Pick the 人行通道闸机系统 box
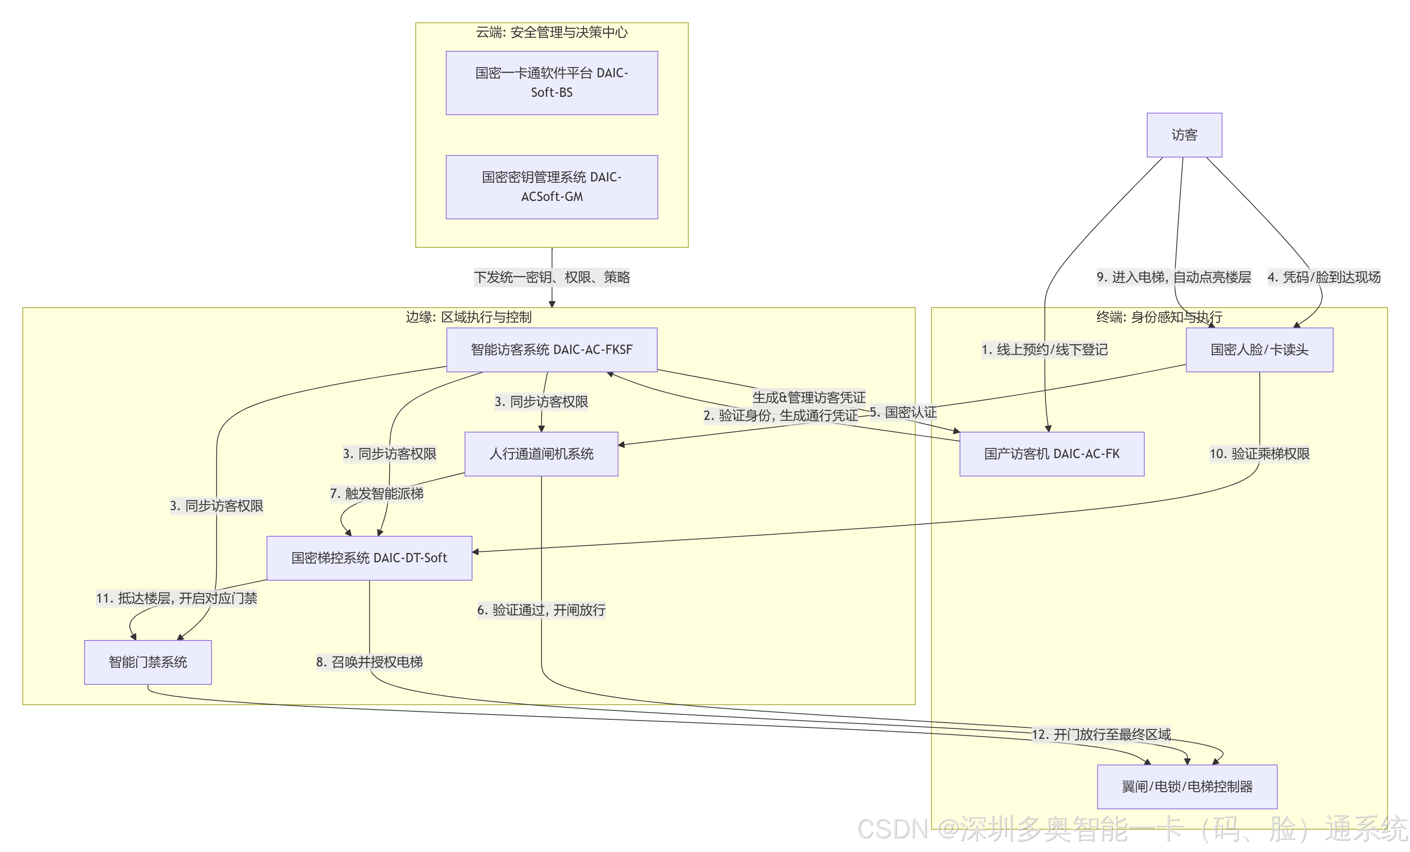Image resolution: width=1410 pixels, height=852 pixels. [x=541, y=454]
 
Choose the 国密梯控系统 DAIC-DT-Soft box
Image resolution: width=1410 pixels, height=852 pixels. [x=369, y=558]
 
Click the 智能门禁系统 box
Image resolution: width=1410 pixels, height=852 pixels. [x=148, y=662]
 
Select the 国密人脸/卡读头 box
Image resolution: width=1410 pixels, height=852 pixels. [x=1259, y=350]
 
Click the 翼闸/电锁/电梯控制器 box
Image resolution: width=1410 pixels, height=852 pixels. [x=1187, y=787]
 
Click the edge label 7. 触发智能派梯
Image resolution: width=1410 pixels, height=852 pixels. [x=376, y=493]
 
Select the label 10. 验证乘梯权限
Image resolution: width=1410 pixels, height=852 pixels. [x=1259, y=454]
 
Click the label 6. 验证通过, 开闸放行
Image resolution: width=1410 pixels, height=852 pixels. [x=541, y=610]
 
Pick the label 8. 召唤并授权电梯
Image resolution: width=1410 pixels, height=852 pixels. [x=369, y=662]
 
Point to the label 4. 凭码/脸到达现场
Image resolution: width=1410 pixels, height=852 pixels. [x=1324, y=277]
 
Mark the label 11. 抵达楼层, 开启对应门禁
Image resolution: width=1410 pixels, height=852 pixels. [x=176, y=599]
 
